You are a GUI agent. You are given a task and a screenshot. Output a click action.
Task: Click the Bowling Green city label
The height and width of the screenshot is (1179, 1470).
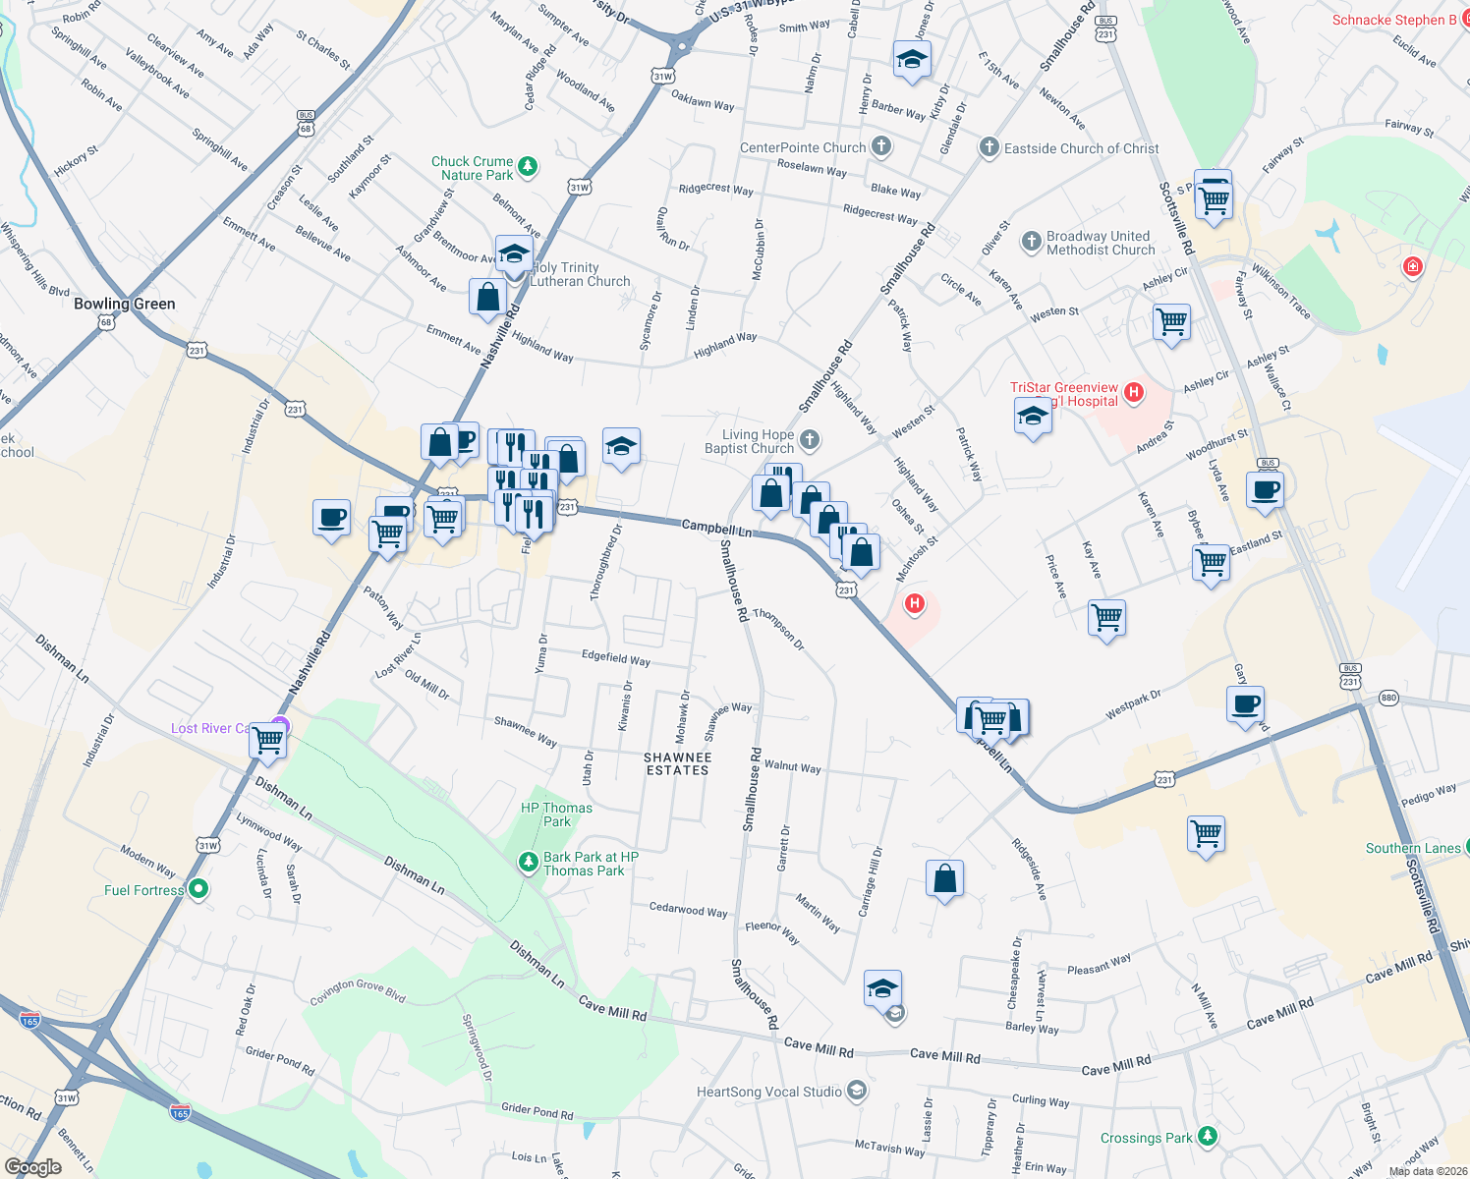[x=125, y=304]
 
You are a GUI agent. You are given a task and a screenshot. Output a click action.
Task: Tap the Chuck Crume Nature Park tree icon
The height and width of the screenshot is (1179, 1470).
[x=528, y=167]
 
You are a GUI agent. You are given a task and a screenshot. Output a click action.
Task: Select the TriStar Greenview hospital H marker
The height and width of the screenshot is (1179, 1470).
[x=1134, y=393]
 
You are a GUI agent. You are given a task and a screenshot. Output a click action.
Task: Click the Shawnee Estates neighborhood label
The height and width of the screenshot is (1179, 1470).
[x=677, y=763]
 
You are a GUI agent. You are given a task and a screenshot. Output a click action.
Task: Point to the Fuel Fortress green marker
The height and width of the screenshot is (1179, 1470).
[x=198, y=889]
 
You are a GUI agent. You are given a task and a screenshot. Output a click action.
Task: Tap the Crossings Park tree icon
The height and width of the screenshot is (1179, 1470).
[x=1208, y=1137]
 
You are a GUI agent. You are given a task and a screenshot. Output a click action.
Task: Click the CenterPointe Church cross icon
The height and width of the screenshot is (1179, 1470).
[x=881, y=147]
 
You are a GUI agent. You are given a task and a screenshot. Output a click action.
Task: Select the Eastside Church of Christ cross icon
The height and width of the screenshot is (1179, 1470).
[x=989, y=148]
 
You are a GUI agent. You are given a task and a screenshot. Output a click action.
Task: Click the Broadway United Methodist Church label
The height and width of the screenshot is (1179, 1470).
[x=1100, y=243]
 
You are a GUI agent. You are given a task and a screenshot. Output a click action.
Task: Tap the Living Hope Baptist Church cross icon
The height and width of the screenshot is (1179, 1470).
[x=810, y=439]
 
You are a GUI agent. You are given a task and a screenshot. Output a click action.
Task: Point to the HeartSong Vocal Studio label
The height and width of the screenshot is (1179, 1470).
[x=769, y=1092]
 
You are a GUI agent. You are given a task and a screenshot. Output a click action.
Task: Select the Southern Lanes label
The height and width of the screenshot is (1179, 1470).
[x=1413, y=848]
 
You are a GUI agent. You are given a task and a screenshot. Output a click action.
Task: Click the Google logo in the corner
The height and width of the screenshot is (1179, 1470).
[x=32, y=1167]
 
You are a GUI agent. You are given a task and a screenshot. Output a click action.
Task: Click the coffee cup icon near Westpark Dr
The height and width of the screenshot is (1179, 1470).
[x=1245, y=704]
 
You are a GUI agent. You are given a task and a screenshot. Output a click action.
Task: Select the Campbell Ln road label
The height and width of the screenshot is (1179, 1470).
[x=717, y=528]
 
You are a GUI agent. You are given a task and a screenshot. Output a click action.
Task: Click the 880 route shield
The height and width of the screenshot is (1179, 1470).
[x=1388, y=698]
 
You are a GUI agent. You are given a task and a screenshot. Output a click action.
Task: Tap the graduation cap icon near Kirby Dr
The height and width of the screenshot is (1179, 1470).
[x=912, y=60]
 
